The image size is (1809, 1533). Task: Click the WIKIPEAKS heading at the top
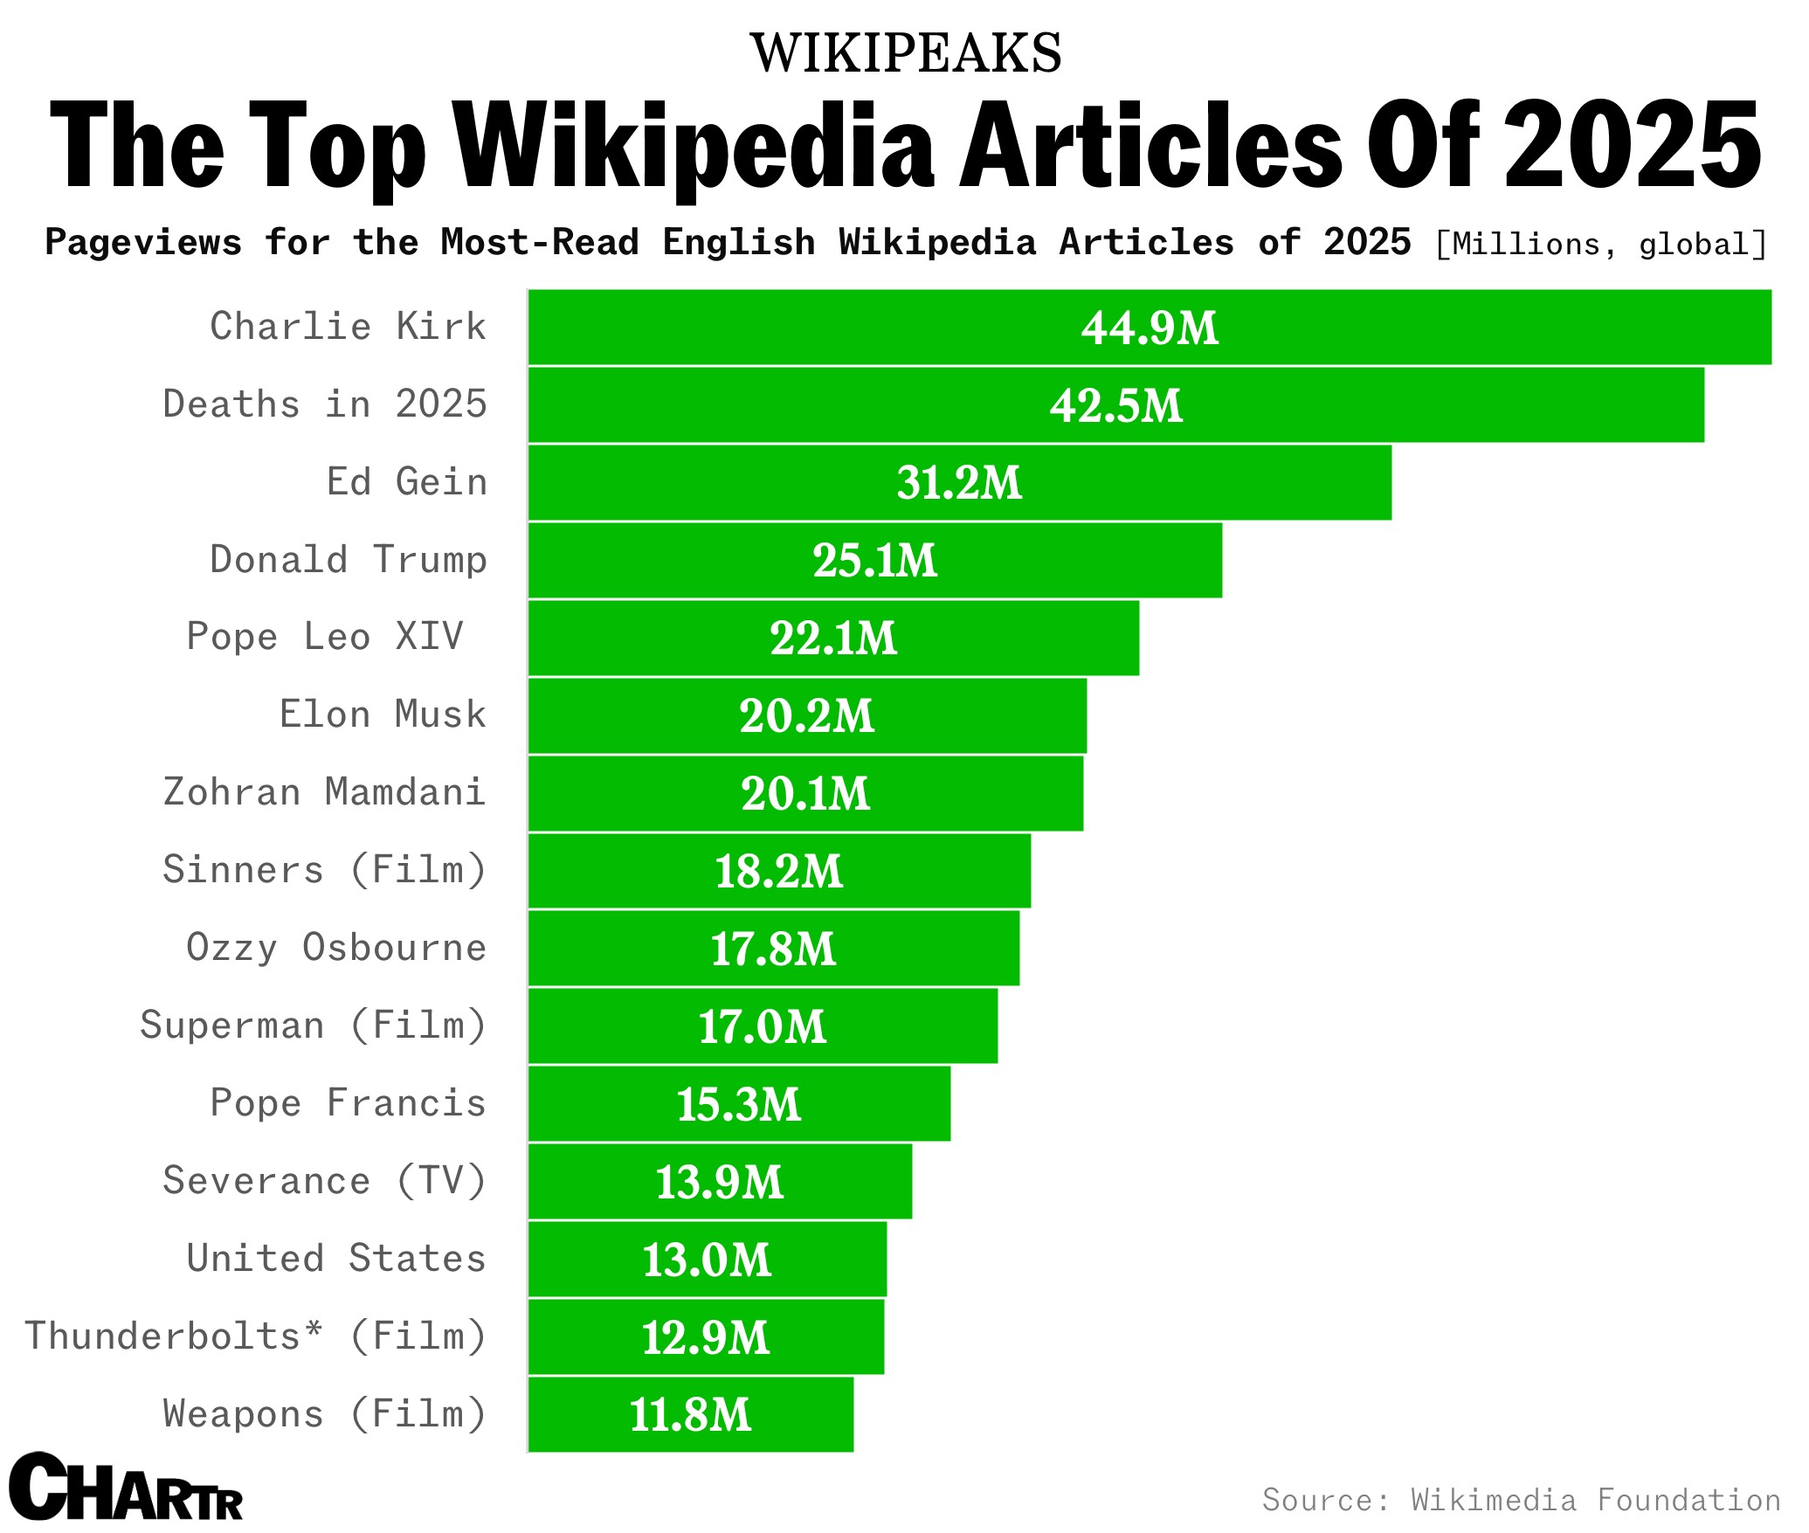click(x=906, y=53)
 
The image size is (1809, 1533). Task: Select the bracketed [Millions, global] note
click(x=1600, y=245)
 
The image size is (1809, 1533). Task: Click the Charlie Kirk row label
click(x=348, y=327)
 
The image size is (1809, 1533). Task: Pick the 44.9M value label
click(x=1150, y=328)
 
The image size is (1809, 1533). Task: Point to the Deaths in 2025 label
click(x=325, y=404)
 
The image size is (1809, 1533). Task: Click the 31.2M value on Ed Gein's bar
click(x=959, y=483)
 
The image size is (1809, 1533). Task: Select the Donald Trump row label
click(x=348, y=560)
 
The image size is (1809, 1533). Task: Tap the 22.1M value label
click(x=833, y=639)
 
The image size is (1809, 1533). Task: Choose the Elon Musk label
click(x=382, y=715)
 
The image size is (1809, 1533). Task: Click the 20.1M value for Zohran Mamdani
click(x=805, y=794)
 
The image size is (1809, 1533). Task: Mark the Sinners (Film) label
click(x=325, y=870)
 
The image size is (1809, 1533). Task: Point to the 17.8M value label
click(x=773, y=949)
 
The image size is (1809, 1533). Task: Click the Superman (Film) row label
click(x=313, y=1025)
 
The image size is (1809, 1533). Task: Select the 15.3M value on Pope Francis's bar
click(x=739, y=1105)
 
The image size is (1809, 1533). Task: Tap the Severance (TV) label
click(x=325, y=1181)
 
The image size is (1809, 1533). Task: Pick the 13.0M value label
click(x=707, y=1260)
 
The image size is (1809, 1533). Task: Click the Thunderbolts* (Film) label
click(x=255, y=1336)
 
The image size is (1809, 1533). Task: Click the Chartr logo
click(x=125, y=1488)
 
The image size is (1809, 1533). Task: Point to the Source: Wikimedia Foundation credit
click(x=1521, y=1500)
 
